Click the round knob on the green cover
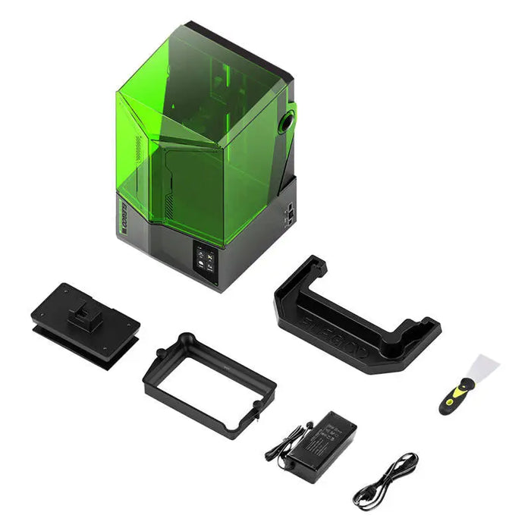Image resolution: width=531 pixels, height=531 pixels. point(287,121)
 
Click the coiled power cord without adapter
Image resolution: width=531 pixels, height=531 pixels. point(385,482)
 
